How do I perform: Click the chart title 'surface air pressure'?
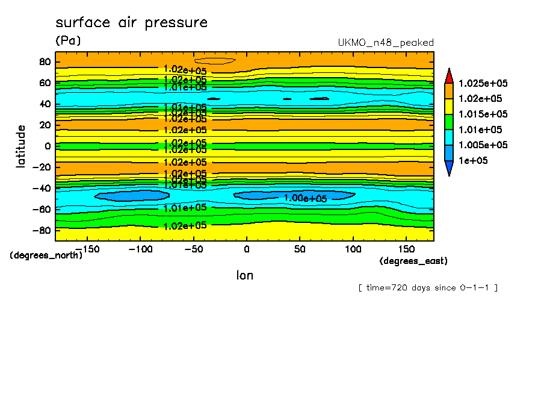pos(131,23)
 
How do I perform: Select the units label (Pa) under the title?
pos(68,41)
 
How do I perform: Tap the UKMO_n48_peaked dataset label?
pos(386,43)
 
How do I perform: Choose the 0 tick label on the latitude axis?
pos(48,146)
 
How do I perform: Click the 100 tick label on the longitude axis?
pos(353,248)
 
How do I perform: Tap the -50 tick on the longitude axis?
pos(193,248)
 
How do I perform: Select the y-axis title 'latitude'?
pos(22,146)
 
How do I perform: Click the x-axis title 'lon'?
pos(244,276)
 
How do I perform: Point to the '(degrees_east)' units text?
pos(413,261)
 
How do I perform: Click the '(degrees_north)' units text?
pos(46,255)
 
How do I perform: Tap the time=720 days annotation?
pos(428,287)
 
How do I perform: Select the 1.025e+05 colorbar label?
pos(483,83)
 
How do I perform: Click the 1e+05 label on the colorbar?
pos(472,161)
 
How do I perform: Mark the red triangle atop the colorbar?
pos(449,75)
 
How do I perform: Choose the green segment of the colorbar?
pos(449,122)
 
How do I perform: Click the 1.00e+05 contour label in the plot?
pos(306,198)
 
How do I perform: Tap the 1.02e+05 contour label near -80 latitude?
pos(185,226)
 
